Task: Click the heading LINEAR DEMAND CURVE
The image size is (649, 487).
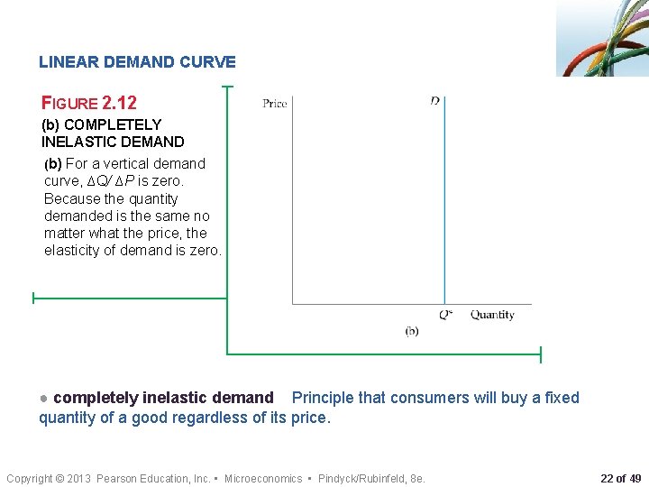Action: click(137, 62)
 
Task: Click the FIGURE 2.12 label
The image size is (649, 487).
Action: click(89, 103)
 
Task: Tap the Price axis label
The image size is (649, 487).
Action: click(275, 104)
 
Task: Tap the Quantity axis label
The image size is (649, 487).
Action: click(492, 315)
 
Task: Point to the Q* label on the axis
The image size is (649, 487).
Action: click(445, 315)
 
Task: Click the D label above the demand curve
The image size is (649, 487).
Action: click(435, 101)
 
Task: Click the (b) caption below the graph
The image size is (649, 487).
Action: click(411, 331)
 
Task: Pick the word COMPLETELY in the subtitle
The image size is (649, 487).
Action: click(114, 124)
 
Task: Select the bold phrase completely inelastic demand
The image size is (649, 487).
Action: click(163, 398)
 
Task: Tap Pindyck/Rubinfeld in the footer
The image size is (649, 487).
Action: click(356, 478)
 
